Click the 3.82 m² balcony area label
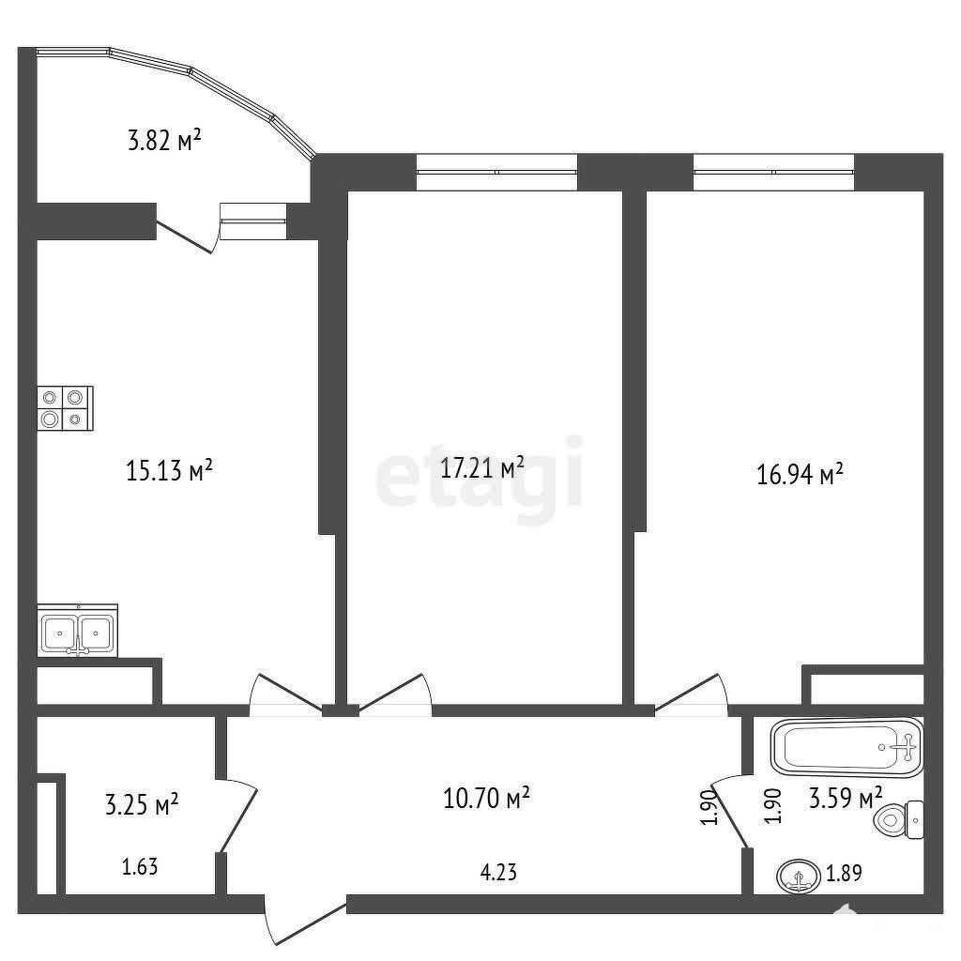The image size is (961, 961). tap(164, 140)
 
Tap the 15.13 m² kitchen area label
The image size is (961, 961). tap(169, 470)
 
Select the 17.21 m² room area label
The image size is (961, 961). tap(482, 467)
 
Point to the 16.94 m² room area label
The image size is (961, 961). tap(800, 474)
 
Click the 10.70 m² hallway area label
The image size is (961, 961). tap(486, 798)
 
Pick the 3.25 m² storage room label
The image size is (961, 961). tap(142, 804)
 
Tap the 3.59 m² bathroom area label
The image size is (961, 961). tap(846, 799)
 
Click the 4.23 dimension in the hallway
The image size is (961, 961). tap(498, 872)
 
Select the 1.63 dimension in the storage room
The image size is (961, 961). tap(140, 866)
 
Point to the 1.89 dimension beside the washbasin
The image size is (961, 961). tap(844, 873)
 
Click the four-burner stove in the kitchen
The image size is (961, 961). tap(65, 408)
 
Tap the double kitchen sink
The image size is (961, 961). tap(77, 631)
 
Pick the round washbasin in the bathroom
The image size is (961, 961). tap(798, 877)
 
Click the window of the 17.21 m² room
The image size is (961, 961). tap(497, 173)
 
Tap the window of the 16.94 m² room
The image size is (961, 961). tap(773, 173)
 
